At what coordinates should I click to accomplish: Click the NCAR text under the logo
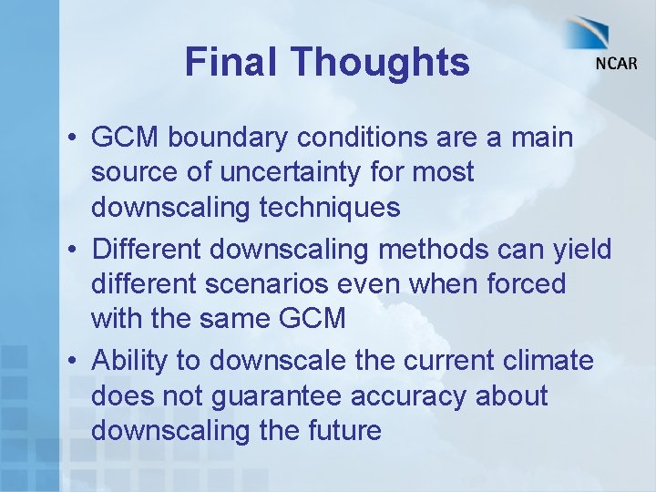(x=616, y=65)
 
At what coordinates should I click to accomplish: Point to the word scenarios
(x=284, y=283)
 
